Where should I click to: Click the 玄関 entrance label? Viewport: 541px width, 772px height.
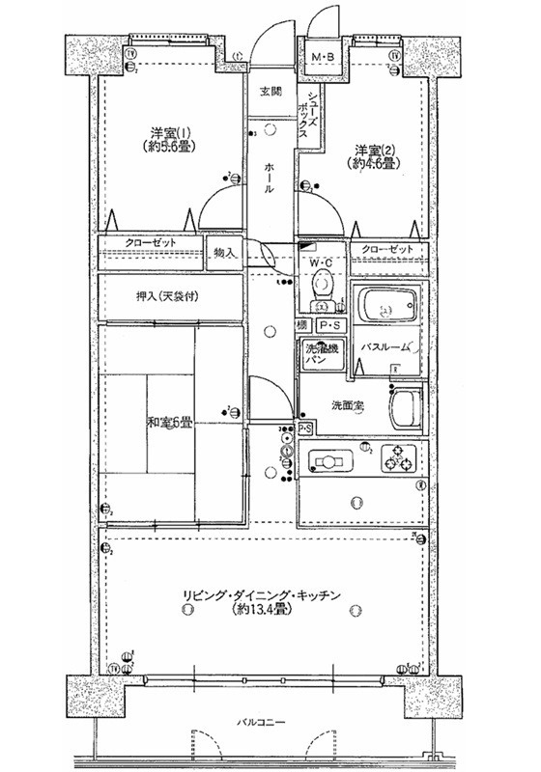[270, 93]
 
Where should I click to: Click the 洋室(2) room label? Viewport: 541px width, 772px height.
[375, 156]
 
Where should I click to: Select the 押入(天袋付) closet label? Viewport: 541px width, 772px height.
[167, 296]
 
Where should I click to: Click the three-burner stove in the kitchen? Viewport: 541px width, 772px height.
[396, 458]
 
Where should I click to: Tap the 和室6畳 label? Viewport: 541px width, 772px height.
[170, 422]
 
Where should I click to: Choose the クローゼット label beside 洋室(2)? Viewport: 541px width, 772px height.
[386, 250]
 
